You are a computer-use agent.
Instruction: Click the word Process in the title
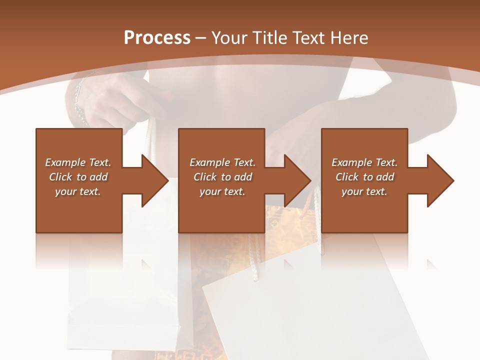pyautogui.click(x=157, y=37)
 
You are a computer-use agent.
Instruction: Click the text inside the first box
pyautogui.click(x=78, y=177)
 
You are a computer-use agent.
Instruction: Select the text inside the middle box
pyautogui.click(x=222, y=177)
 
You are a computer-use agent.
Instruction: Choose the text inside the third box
pyautogui.click(x=364, y=177)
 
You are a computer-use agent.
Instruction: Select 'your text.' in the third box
pyautogui.click(x=364, y=191)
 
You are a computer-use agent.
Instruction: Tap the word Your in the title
pyautogui.click(x=228, y=37)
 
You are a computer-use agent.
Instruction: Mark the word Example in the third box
pyautogui.click(x=351, y=162)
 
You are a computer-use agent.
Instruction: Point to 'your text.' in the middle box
pyautogui.click(x=222, y=191)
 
